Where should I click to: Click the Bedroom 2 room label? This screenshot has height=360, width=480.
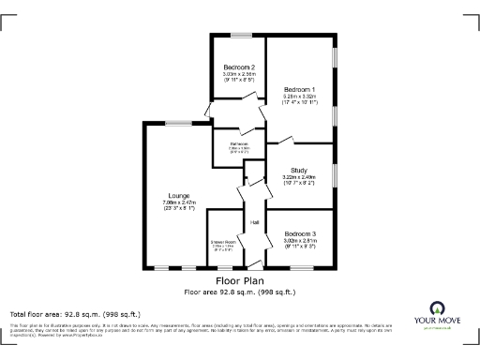(239, 67)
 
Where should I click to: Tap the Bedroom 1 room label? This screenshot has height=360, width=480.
(300, 89)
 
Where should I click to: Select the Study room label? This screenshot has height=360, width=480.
(300, 170)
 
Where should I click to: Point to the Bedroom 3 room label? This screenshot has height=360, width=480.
(300, 232)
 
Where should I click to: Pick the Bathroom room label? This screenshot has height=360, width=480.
(238, 143)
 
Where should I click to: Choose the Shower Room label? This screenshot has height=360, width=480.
(222, 240)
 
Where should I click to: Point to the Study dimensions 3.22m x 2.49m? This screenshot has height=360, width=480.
(300, 177)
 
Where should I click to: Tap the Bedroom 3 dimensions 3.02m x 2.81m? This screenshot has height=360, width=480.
(300, 240)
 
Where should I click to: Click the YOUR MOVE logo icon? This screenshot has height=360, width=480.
(437, 308)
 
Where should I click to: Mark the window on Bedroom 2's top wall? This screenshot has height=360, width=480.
(239, 36)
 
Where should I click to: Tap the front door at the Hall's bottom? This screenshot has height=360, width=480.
(254, 270)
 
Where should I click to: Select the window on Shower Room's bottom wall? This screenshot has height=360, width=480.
(222, 270)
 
